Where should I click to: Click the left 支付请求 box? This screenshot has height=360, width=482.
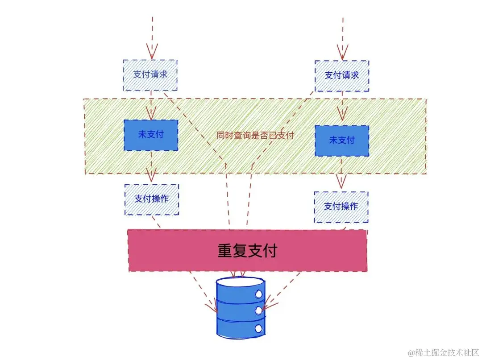point(150,74)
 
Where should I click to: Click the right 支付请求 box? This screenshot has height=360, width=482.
point(341,75)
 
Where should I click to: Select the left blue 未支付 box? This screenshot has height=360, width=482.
point(150,134)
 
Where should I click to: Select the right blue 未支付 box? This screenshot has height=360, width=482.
point(341,140)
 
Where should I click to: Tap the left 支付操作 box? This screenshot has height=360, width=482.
point(151,199)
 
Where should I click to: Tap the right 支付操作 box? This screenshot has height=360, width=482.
point(341,207)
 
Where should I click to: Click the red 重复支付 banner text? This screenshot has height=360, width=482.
point(247,251)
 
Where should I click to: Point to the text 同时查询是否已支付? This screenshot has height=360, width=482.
point(255,136)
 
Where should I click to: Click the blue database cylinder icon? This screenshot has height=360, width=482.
point(240,307)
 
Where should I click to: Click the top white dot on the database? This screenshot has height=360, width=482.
point(258,294)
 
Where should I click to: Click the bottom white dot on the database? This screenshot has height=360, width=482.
point(258,328)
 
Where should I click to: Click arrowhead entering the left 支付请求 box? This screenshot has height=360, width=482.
point(152,54)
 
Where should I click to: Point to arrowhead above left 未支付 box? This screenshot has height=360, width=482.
point(151,115)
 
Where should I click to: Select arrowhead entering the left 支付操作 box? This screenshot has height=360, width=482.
point(151,177)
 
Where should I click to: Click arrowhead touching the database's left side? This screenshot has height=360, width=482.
point(212,308)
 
